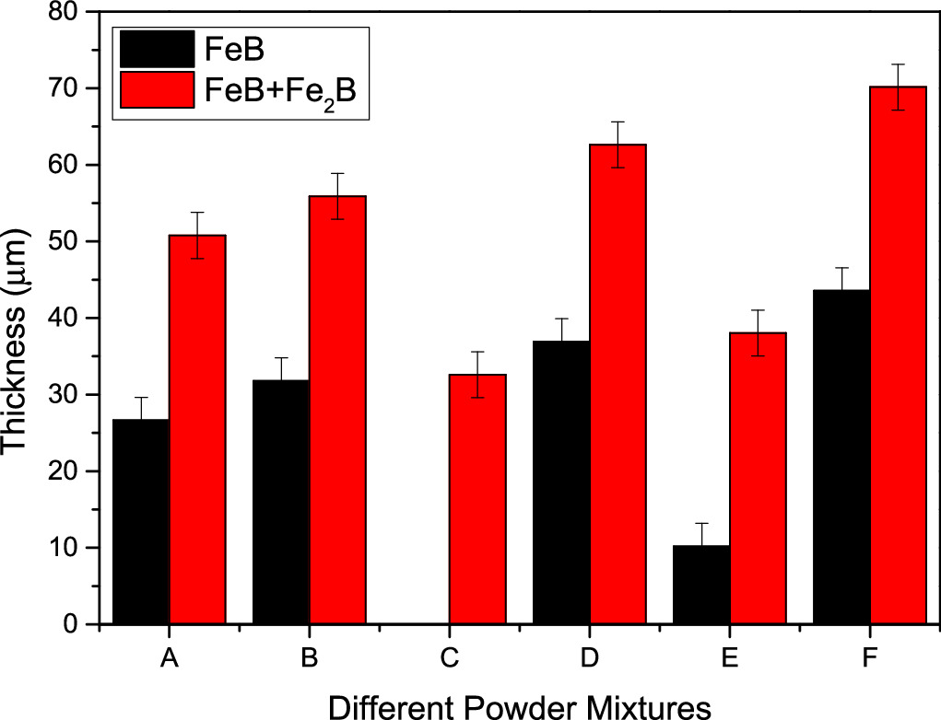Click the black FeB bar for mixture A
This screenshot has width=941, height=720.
(141, 521)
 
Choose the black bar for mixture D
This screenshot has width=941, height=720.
(561, 482)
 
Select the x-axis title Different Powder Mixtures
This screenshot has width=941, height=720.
(519, 704)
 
